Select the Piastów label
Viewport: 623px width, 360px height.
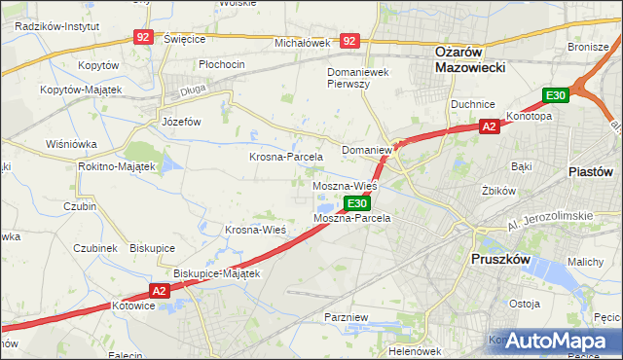pos(590,170)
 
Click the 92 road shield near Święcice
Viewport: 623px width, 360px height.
pos(144,37)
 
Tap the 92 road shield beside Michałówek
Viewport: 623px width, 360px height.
pos(350,41)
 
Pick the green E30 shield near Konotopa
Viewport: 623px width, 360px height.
pos(556,94)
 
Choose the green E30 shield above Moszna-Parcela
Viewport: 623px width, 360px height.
pos(357,203)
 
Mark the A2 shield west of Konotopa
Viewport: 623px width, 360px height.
pos(490,126)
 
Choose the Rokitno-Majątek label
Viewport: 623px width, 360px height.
pos(117,166)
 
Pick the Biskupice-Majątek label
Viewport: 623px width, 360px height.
pos(217,274)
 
